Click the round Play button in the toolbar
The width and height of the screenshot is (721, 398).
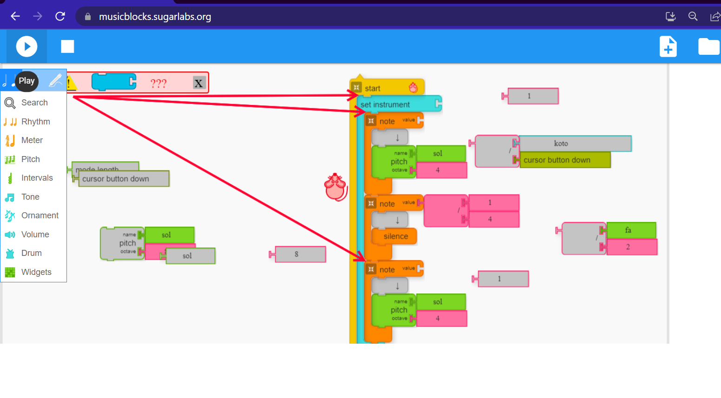tap(26, 46)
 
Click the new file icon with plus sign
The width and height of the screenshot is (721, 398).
tap(668, 46)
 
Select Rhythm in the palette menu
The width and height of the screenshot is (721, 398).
tap(35, 122)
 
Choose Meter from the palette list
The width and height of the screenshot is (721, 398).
tap(32, 140)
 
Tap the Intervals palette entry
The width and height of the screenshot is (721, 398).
tap(37, 178)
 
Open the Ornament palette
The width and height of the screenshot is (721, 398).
tap(40, 215)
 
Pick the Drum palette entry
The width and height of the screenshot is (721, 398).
tap(31, 253)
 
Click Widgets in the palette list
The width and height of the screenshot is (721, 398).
tap(36, 272)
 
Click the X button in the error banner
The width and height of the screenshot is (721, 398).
tap(198, 83)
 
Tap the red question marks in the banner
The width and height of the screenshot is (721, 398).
tap(158, 84)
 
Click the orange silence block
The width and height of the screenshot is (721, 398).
tap(395, 236)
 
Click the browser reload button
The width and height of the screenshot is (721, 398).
tap(60, 17)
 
